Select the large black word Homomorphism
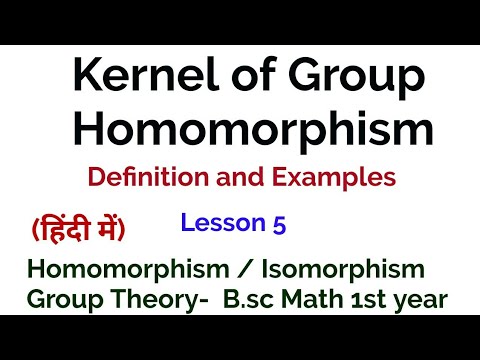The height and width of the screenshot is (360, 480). point(240,131)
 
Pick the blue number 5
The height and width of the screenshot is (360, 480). point(278,225)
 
